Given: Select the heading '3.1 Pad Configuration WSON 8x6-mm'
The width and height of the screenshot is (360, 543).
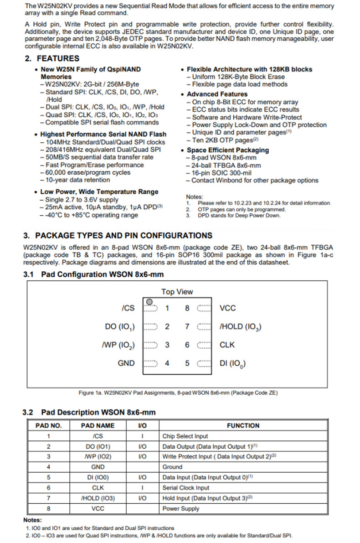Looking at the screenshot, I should click(93, 274).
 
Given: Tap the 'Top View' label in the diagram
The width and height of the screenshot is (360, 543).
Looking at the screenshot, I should click(177, 292).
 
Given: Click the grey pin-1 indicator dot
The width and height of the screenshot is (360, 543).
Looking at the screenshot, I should click(149, 302).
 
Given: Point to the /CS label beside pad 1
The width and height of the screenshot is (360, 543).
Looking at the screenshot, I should click(128, 308).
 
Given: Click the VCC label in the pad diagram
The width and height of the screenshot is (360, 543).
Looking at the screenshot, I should click(227, 308).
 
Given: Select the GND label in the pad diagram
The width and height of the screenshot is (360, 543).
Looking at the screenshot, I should click(126, 363).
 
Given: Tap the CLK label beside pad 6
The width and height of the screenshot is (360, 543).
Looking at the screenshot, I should click(227, 345).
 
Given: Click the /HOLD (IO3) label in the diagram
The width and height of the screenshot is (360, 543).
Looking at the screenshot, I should click(240, 327).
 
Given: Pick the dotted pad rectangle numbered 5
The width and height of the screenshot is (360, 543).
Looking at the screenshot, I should click(204, 363).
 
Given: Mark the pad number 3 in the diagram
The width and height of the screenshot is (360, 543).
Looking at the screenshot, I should click(167, 345).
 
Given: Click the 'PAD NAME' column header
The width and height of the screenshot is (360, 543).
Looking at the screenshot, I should click(98, 425).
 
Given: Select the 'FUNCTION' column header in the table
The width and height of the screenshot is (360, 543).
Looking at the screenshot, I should click(243, 425).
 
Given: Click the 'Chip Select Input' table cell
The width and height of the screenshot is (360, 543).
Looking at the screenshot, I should click(185, 436).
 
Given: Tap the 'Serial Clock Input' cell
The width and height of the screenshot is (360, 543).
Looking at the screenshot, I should click(186, 488).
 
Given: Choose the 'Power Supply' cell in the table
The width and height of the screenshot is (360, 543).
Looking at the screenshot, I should click(181, 508).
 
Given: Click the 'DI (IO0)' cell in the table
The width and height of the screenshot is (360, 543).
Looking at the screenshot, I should click(98, 477).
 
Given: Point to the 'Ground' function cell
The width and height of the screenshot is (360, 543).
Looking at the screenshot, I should click(172, 467).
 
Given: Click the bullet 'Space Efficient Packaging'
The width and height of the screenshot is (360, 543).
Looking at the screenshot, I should click(228, 150).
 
